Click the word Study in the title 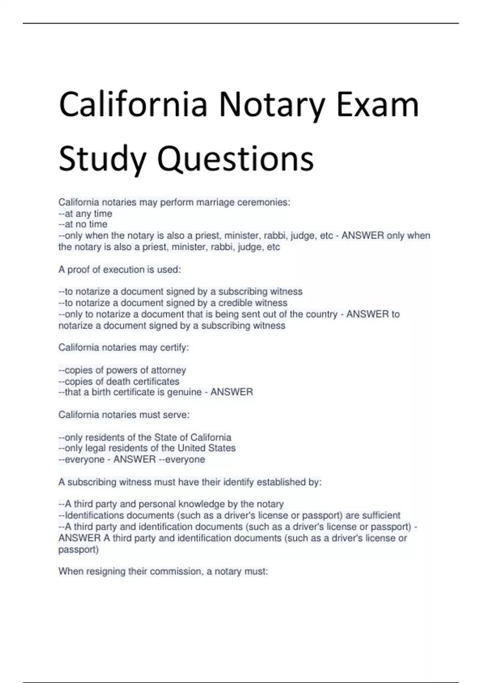point(102,158)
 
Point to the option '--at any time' point(85,213)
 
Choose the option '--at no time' point(83,224)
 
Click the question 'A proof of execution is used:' point(120,270)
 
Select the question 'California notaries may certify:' point(124,348)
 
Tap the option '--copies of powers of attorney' point(122,370)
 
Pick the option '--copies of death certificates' point(119,381)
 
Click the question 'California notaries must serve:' point(124,415)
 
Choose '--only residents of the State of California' point(145,437)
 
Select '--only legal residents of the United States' point(147,448)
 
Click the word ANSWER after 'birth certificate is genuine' point(232,392)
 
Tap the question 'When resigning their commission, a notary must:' point(163,571)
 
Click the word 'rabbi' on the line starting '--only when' point(275,235)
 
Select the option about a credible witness point(173,303)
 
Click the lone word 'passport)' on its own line point(78,549)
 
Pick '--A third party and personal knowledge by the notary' point(171,504)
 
